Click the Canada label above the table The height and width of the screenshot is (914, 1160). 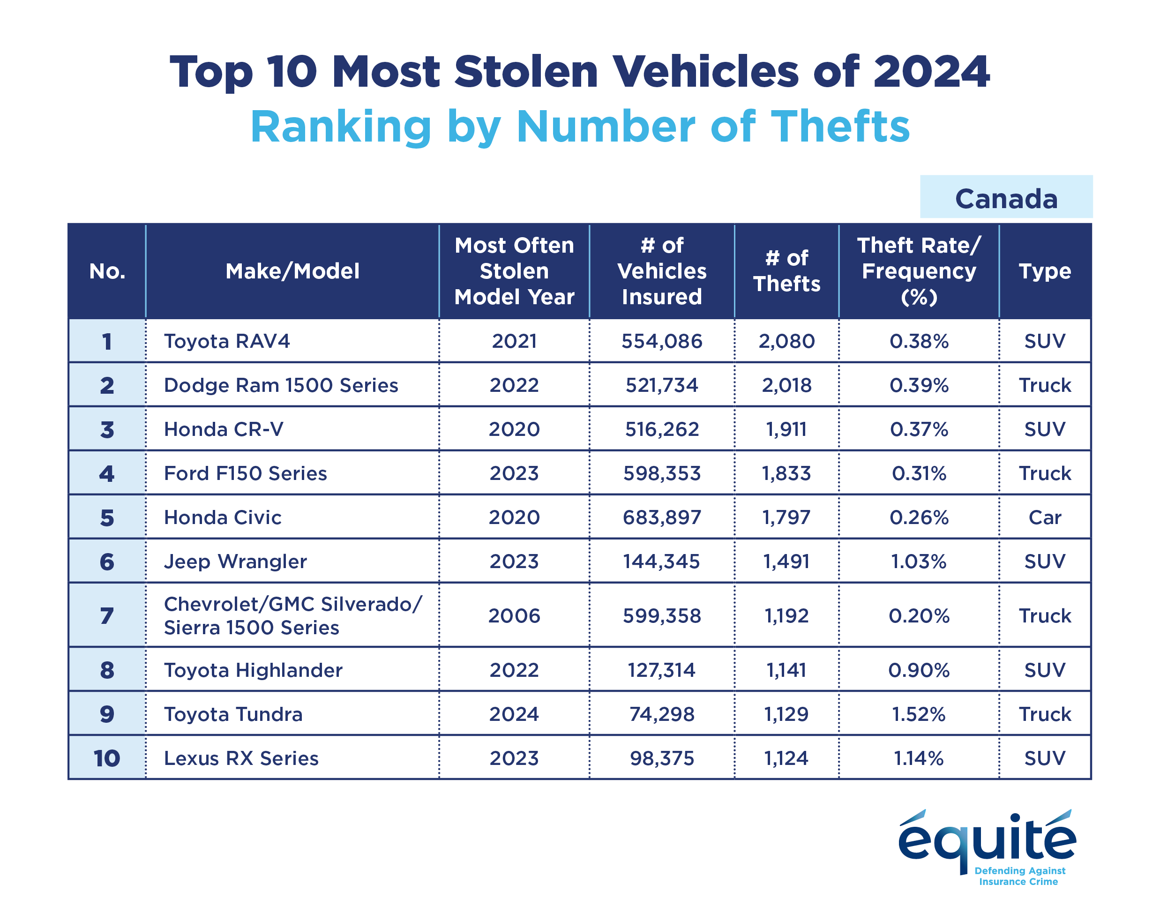(x=1005, y=199)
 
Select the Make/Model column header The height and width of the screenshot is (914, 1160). (x=292, y=271)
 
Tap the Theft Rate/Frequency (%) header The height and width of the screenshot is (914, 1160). (x=918, y=271)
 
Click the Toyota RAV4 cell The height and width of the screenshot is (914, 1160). (x=227, y=341)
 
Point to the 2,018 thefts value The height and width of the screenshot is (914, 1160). (x=786, y=385)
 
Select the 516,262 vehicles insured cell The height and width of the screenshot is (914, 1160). (x=661, y=429)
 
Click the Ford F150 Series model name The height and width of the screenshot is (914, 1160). (x=245, y=473)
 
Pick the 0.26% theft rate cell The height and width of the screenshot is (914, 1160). (x=918, y=517)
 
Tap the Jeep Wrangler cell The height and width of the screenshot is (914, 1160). (x=235, y=562)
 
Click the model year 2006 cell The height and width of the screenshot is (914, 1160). (x=514, y=616)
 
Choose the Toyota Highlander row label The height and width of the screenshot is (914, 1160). (x=253, y=670)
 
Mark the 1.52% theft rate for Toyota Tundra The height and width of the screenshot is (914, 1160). (x=918, y=714)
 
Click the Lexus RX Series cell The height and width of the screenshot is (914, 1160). (x=241, y=758)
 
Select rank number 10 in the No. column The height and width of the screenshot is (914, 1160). (x=106, y=758)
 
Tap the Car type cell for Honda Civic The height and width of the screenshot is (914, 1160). (x=1044, y=517)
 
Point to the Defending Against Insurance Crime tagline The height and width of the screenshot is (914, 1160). (x=1019, y=877)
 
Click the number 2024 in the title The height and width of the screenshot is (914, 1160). (x=931, y=72)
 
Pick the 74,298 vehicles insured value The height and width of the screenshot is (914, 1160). (x=661, y=714)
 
